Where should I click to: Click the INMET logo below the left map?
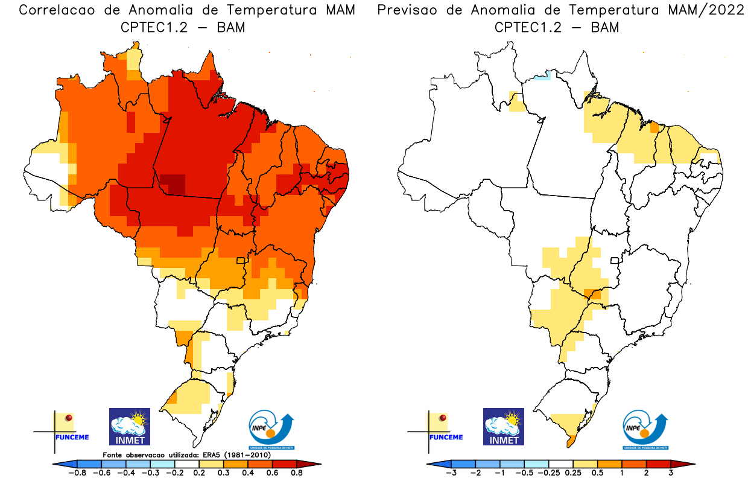click(x=129, y=427)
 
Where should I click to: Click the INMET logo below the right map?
click(x=504, y=427)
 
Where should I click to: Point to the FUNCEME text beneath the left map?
click(x=72, y=437)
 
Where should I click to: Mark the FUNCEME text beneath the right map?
click(x=446, y=437)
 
